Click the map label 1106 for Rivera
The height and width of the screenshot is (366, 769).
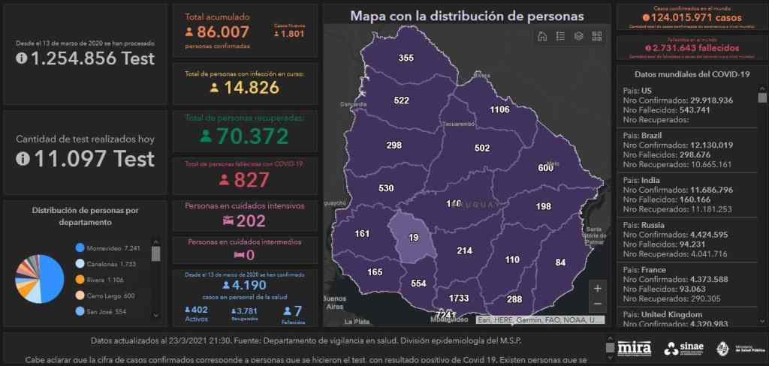click(499, 109)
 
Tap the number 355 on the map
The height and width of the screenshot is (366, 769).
click(406, 58)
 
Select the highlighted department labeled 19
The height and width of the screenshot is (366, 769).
click(413, 237)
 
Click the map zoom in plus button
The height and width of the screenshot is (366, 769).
click(597, 288)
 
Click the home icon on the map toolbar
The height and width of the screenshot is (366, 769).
click(542, 36)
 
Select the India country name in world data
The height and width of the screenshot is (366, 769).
click(650, 181)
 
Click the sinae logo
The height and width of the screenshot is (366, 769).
click(683, 348)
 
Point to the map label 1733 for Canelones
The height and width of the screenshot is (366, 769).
click(459, 298)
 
